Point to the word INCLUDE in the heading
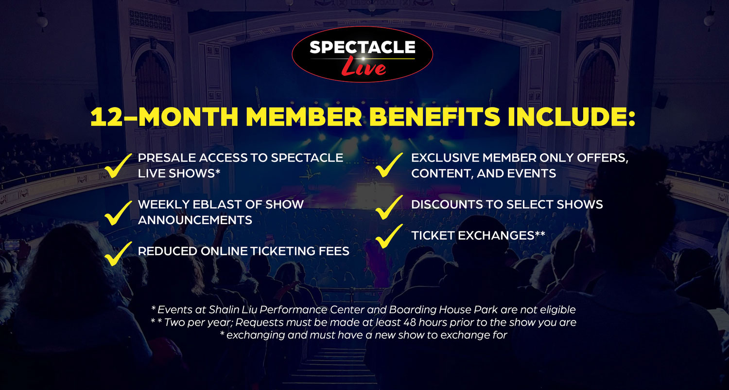pos(583,117)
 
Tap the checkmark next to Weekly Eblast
pos(118,212)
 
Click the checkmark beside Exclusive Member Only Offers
pos(390,165)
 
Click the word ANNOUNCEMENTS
pos(195,220)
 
